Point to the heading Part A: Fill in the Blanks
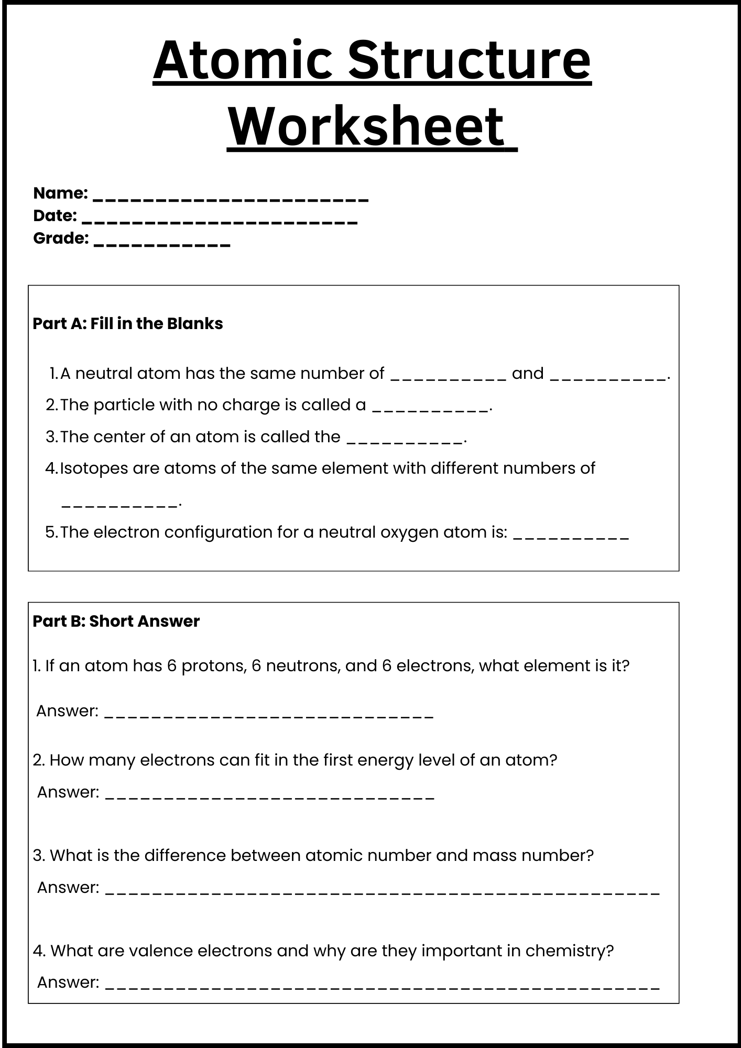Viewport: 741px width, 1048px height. pyautogui.click(x=128, y=324)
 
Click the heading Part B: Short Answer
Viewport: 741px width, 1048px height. pyautogui.click(x=116, y=621)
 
